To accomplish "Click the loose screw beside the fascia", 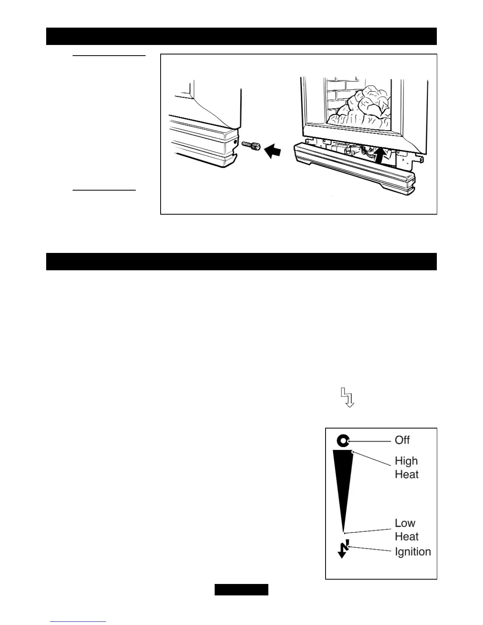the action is pyautogui.click(x=251, y=146).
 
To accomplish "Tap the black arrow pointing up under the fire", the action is pyautogui.click(x=379, y=155).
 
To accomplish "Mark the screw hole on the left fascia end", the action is pyautogui.click(x=235, y=141).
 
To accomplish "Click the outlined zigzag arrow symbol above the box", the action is pyautogui.click(x=347, y=397).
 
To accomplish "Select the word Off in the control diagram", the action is pyautogui.click(x=402, y=440).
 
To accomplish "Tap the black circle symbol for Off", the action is pyautogui.click(x=342, y=440).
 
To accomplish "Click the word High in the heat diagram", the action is pyautogui.click(x=406, y=461).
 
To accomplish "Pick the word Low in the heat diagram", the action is pyautogui.click(x=405, y=523).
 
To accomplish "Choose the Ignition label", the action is pyautogui.click(x=412, y=552).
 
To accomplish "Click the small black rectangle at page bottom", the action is pyautogui.click(x=241, y=589).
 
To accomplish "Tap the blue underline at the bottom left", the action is pyautogui.click(x=78, y=622).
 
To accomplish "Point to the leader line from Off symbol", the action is pyautogui.click(x=369, y=440).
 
